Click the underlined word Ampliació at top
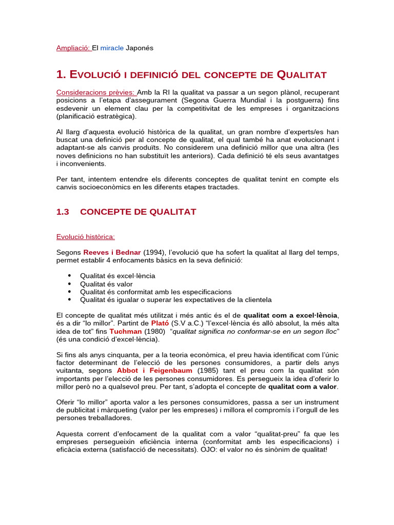(73, 48)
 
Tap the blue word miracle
(112, 48)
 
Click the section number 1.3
(63, 212)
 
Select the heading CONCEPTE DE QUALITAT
(138, 212)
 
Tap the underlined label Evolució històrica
(85, 236)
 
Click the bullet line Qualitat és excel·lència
(110, 276)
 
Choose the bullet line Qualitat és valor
(106, 284)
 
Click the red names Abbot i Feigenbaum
(154, 371)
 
